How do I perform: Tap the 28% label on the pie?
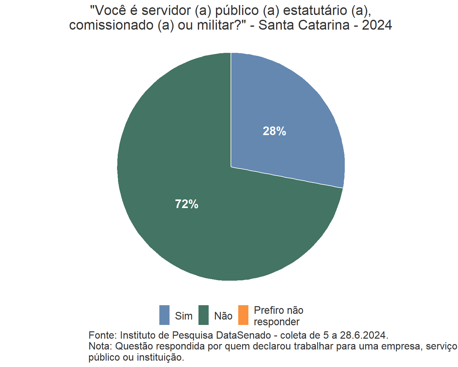(x=274, y=131)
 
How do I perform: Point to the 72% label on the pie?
(x=187, y=204)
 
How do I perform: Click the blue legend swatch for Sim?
(x=164, y=315)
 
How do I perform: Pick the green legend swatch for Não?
(x=204, y=315)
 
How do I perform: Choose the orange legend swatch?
(x=243, y=315)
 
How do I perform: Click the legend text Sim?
(x=184, y=316)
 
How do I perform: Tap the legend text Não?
(x=223, y=316)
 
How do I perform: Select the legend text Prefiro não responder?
(x=278, y=316)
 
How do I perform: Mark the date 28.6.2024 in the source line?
(x=364, y=335)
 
